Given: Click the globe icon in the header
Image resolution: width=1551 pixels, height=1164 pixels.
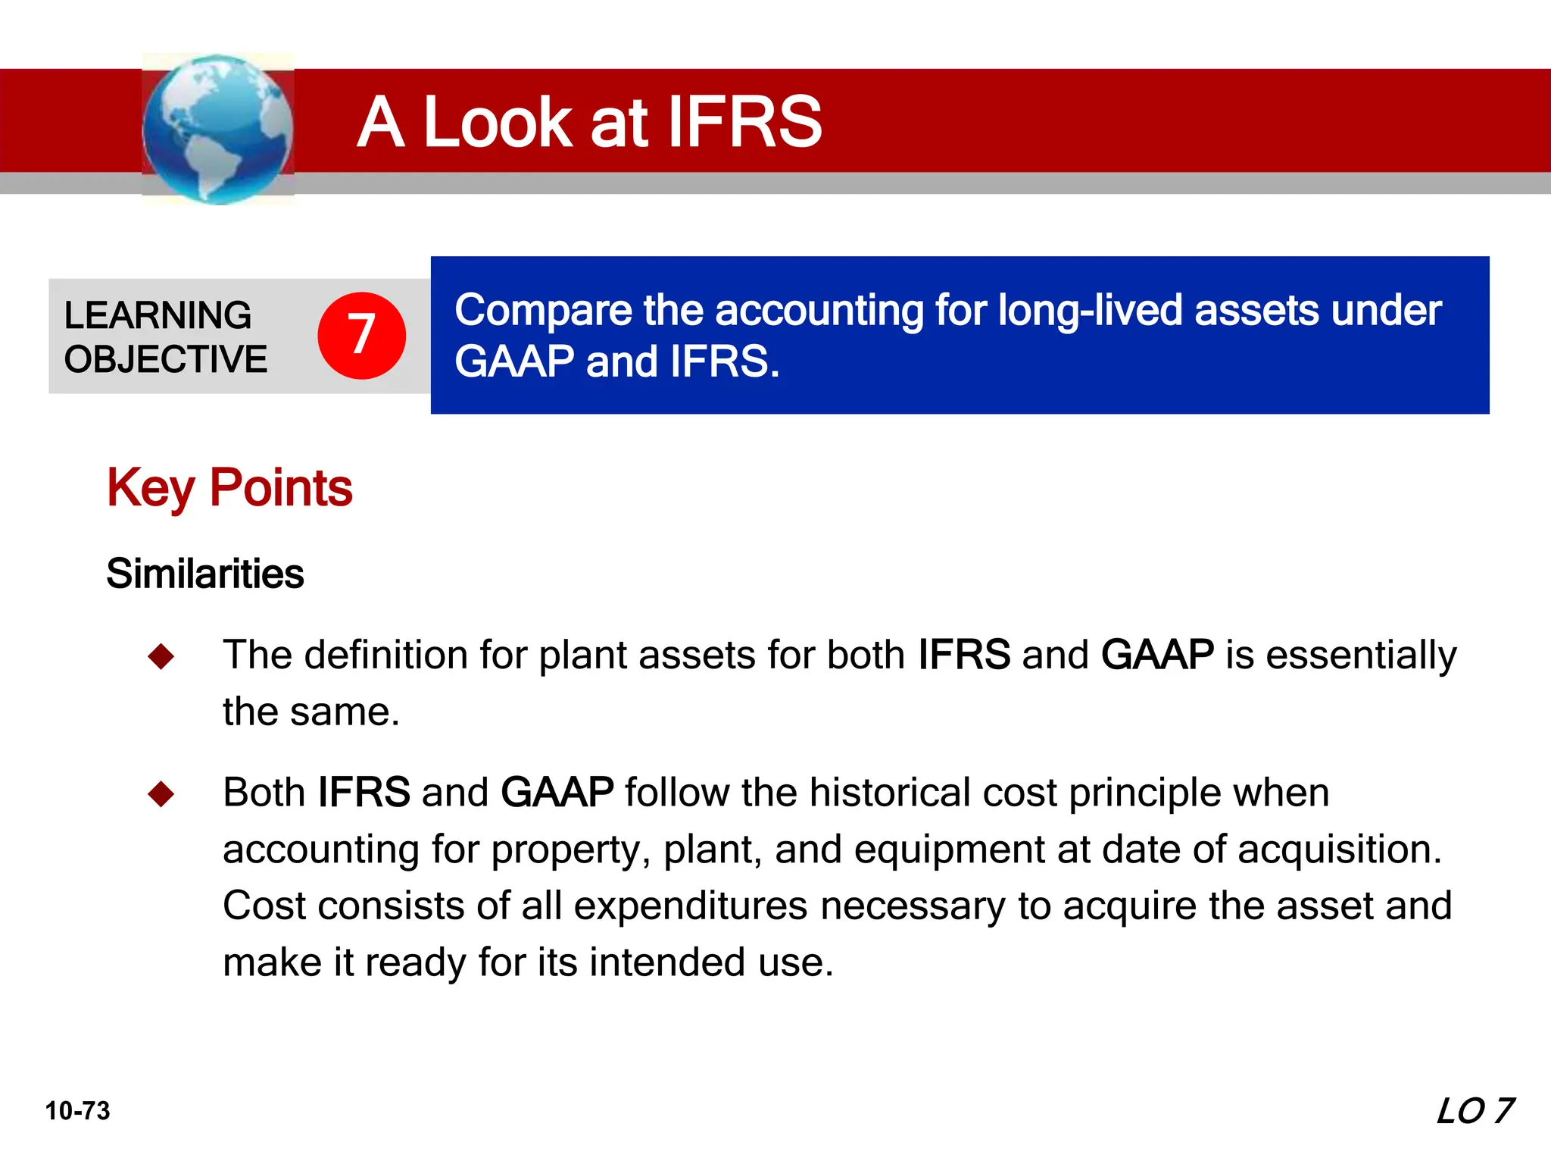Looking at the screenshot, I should tap(217, 129).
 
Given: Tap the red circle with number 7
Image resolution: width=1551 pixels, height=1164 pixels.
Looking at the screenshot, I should tap(361, 335).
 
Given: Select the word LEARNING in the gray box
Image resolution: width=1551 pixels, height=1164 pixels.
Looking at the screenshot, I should tap(158, 315).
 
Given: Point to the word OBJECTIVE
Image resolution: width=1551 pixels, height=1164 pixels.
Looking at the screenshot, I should tap(166, 359).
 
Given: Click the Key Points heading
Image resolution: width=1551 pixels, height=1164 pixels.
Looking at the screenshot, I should tap(229, 487).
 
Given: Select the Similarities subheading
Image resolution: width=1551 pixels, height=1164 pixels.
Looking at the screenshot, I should tap(204, 574).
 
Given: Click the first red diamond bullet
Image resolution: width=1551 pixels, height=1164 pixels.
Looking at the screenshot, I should tap(161, 656).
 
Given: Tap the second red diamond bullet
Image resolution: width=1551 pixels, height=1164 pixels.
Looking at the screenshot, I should tap(161, 794).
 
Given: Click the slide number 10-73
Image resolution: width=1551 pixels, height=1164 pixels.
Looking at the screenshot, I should tap(77, 1111).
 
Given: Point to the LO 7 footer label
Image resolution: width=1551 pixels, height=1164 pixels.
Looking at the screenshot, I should tap(1475, 1111).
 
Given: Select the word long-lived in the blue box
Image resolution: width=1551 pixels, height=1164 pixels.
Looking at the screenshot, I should tap(1090, 311).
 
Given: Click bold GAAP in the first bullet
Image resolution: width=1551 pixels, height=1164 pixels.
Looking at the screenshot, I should tap(1156, 655).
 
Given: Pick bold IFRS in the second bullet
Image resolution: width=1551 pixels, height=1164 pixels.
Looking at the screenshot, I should tap(364, 793).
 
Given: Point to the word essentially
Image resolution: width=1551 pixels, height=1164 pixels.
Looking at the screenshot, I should tap(1361, 655).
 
